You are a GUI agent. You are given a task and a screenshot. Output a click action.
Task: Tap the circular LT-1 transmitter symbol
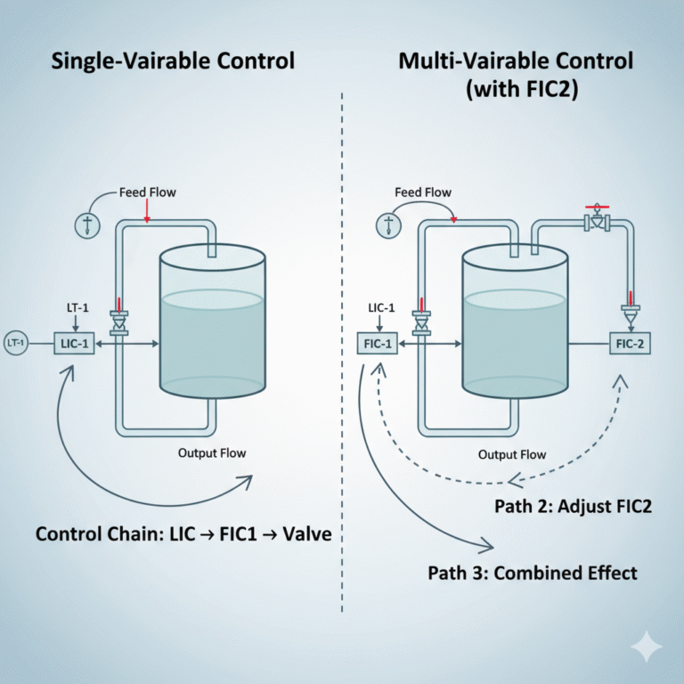tap(16, 342)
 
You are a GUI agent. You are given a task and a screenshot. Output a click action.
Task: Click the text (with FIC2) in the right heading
tap(515, 90)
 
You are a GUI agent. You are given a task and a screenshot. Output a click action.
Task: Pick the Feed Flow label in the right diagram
tap(423, 192)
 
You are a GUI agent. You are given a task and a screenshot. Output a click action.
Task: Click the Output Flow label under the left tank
tap(212, 452)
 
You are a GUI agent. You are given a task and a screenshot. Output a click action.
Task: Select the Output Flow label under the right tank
tap(512, 454)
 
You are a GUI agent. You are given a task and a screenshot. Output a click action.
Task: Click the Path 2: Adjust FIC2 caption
tap(574, 508)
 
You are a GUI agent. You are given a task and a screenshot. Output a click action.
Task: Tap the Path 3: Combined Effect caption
tap(533, 572)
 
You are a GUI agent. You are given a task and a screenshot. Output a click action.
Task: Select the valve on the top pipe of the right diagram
tap(596, 223)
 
